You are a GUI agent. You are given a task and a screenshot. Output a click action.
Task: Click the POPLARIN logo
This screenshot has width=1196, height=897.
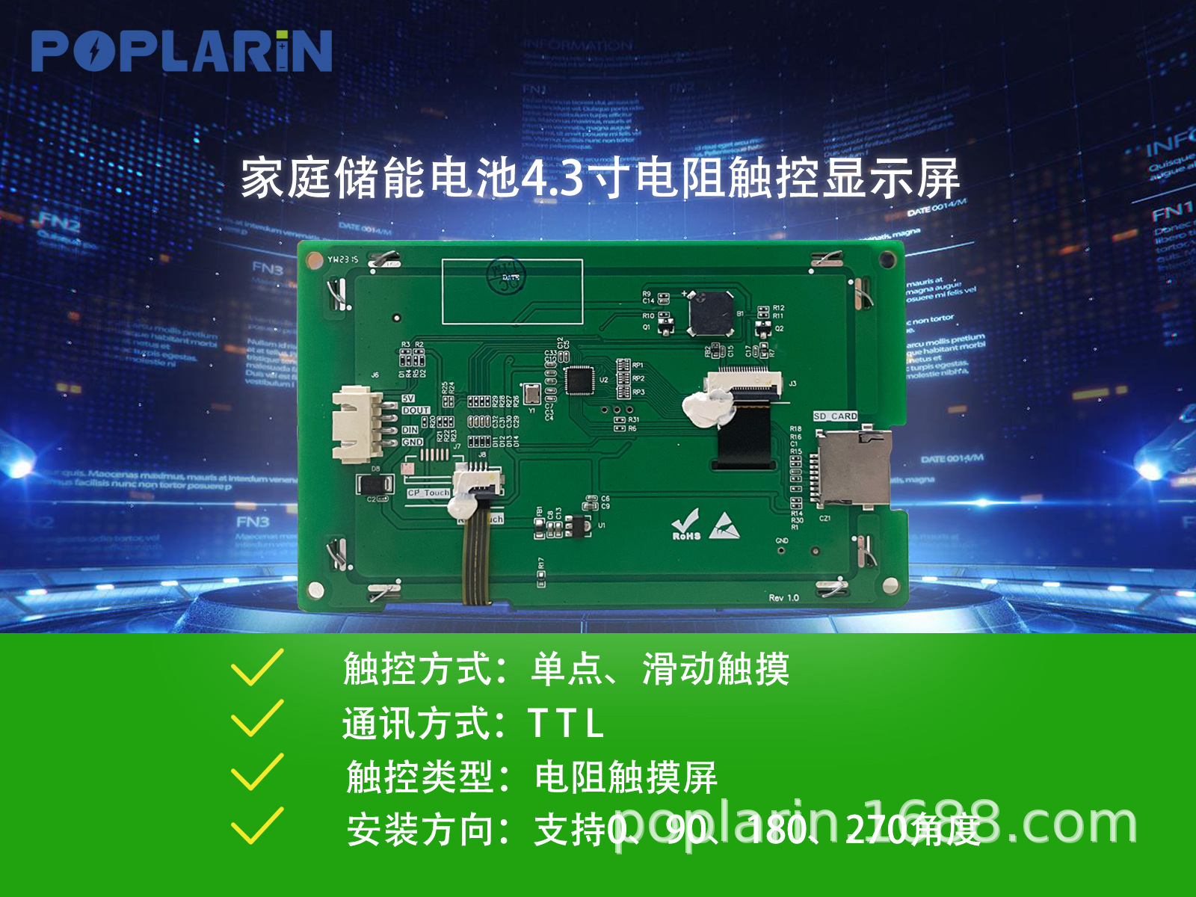182,51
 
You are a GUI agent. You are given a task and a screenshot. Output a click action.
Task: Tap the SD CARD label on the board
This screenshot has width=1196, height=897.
836,416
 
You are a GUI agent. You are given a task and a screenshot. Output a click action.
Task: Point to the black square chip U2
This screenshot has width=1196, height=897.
579,380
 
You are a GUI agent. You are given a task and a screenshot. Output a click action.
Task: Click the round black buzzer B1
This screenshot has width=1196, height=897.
711,314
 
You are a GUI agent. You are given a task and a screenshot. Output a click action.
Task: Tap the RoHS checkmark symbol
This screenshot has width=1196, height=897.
685,525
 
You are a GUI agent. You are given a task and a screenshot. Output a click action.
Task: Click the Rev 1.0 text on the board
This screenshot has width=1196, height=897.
783,597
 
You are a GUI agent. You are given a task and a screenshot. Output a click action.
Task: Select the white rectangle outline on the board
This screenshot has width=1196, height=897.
512,292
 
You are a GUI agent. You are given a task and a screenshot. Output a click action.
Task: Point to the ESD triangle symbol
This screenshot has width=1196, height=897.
724,526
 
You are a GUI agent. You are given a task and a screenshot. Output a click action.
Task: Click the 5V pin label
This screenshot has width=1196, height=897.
408,398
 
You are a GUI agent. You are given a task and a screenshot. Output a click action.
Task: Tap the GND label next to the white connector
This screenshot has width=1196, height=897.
412,443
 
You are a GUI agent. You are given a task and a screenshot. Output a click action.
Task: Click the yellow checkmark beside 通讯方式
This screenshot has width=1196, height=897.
257,718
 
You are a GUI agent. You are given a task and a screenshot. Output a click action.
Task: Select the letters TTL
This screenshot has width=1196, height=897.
565,724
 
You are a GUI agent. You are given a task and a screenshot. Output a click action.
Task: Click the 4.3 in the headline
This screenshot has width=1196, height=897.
552,179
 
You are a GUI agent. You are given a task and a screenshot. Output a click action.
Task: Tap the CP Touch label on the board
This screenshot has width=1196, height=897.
428,493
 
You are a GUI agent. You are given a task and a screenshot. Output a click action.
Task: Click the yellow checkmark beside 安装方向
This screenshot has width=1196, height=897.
257,826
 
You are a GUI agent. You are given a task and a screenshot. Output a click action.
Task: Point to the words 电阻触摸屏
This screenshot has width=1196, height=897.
626,777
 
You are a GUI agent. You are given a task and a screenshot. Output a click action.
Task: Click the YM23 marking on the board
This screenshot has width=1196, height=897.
342,259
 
